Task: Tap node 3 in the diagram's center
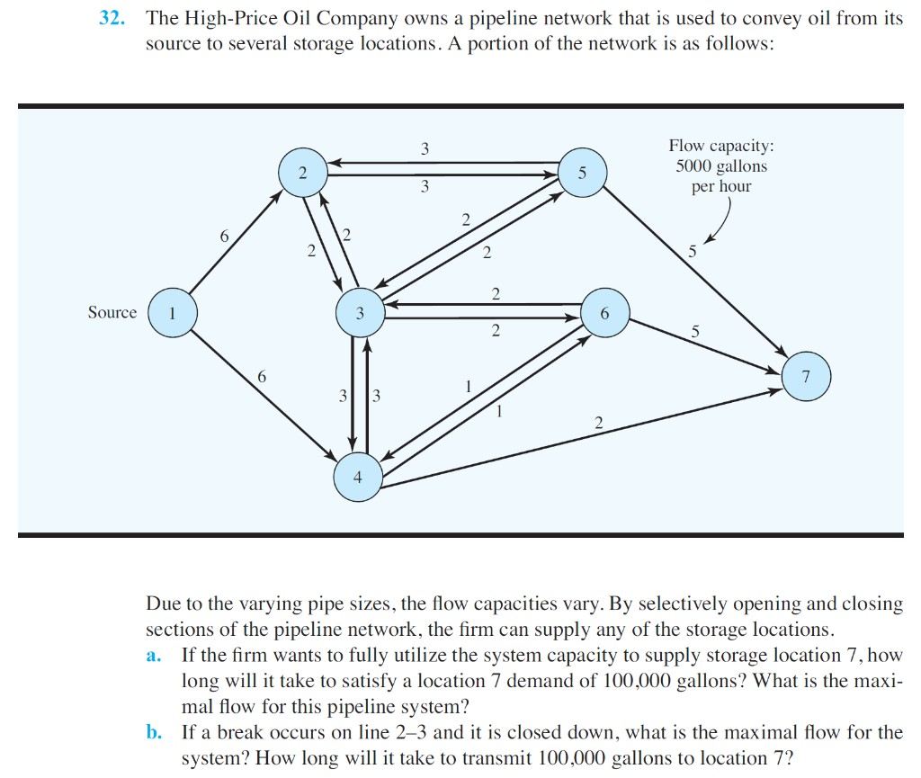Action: tap(360, 313)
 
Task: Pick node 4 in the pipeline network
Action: tap(358, 478)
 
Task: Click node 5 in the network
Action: tap(583, 174)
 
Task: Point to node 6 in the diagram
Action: tap(604, 313)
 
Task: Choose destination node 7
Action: tap(806, 377)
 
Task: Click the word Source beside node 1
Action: tap(112, 313)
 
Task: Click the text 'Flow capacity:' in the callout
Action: tap(721, 146)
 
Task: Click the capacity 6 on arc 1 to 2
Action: tap(224, 236)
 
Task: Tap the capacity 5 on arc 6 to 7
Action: tap(694, 331)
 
